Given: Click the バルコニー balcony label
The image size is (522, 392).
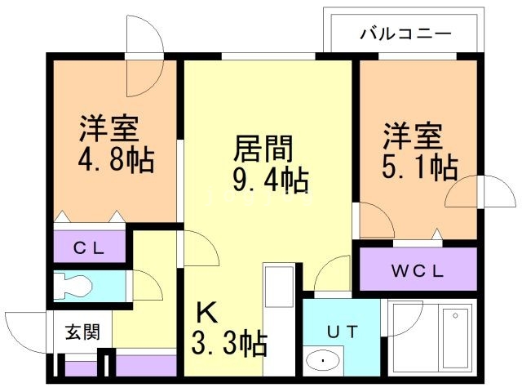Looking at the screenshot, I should point(405,35).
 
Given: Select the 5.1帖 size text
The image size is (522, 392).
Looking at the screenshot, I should point(419,167).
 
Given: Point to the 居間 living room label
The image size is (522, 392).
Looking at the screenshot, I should point(263,149).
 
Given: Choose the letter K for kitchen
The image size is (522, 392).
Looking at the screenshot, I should point(206,313).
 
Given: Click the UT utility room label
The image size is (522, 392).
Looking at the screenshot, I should point(343,332).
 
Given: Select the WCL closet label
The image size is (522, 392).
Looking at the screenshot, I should point(417,269).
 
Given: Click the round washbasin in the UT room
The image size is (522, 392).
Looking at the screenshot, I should point(325,360).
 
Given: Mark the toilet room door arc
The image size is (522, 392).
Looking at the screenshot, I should point(147,285).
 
